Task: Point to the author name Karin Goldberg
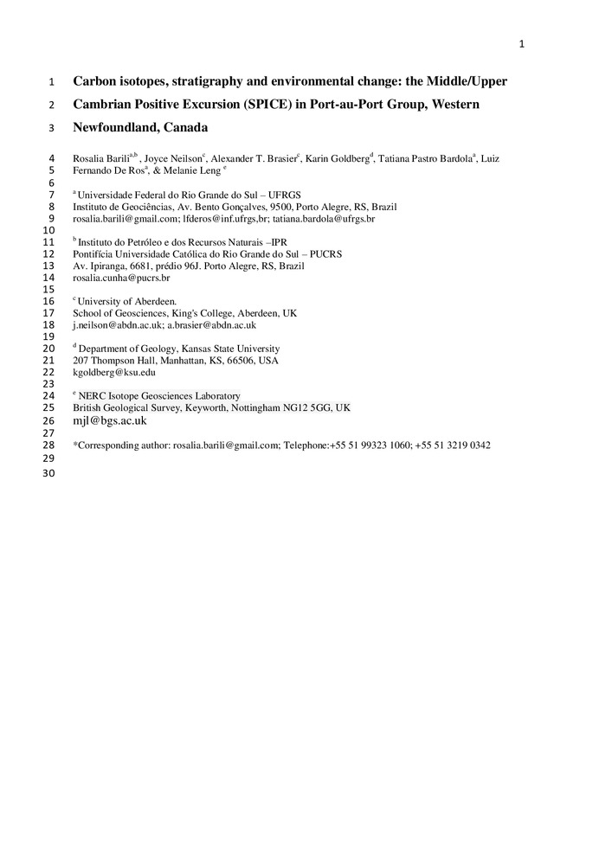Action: (x=338, y=158)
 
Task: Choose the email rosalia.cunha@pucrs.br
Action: (x=121, y=279)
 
